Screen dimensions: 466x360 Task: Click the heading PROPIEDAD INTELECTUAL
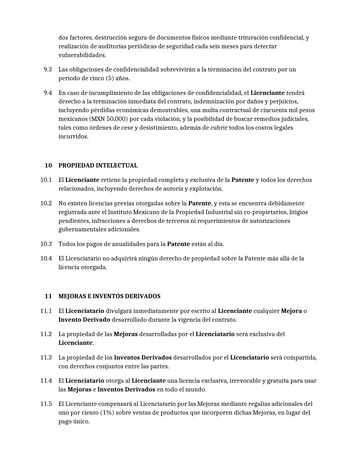click(98, 166)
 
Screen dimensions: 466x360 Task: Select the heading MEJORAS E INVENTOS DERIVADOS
click(109, 296)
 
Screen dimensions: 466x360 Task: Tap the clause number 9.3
click(48, 69)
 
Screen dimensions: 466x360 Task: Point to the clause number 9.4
click(48, 93)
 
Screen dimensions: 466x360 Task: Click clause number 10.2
click(46, 203)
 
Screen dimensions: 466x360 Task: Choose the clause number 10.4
click(46, 258)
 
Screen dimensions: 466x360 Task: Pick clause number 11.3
click(46, 358)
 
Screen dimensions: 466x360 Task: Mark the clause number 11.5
click(46, 404)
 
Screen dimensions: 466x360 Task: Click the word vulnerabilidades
click(82, 55)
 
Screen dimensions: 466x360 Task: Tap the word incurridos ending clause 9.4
click(73, 136)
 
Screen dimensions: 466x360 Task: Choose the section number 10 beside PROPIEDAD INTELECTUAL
click(48, 166)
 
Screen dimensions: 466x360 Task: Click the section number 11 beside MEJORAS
click(48, 296)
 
